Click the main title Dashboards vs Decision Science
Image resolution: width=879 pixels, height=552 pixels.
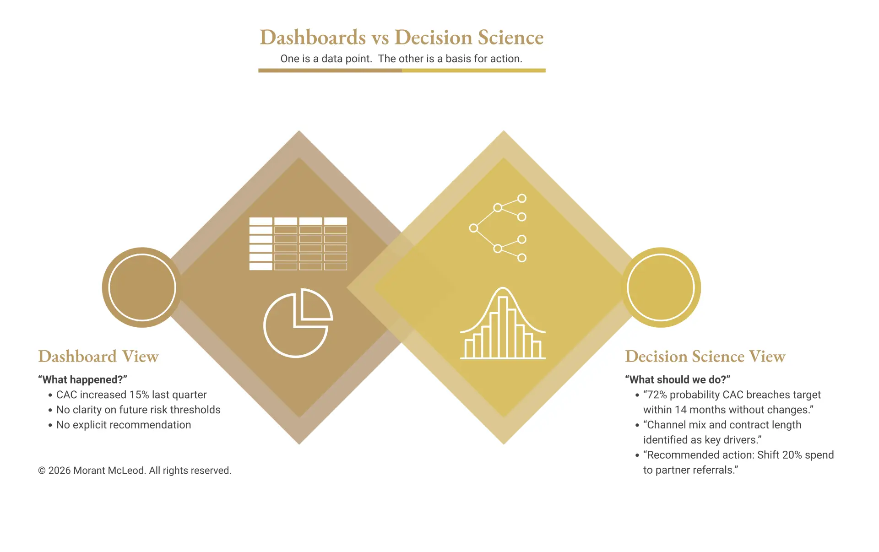[402, 38]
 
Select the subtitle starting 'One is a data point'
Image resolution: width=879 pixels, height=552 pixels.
[402, 59]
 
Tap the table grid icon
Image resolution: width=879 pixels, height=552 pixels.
[298, 244]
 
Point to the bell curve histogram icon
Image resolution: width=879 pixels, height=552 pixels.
[503, 325]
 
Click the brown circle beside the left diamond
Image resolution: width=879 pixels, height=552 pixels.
[142, 287]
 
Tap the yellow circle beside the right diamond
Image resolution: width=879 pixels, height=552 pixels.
[661, 287]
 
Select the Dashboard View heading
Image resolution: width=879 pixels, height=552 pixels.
[98, 357]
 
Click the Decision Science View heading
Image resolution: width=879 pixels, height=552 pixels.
[705, 357]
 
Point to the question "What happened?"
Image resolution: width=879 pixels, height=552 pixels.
[82, 380]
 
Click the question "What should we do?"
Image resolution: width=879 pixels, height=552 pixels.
[678, 380]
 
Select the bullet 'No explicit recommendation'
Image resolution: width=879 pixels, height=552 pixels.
[124, 425]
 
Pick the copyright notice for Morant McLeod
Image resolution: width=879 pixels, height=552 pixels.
[135, 471]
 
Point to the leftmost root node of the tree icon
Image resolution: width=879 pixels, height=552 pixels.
[473, 228]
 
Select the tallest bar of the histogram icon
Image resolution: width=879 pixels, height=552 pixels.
[503, 327]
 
